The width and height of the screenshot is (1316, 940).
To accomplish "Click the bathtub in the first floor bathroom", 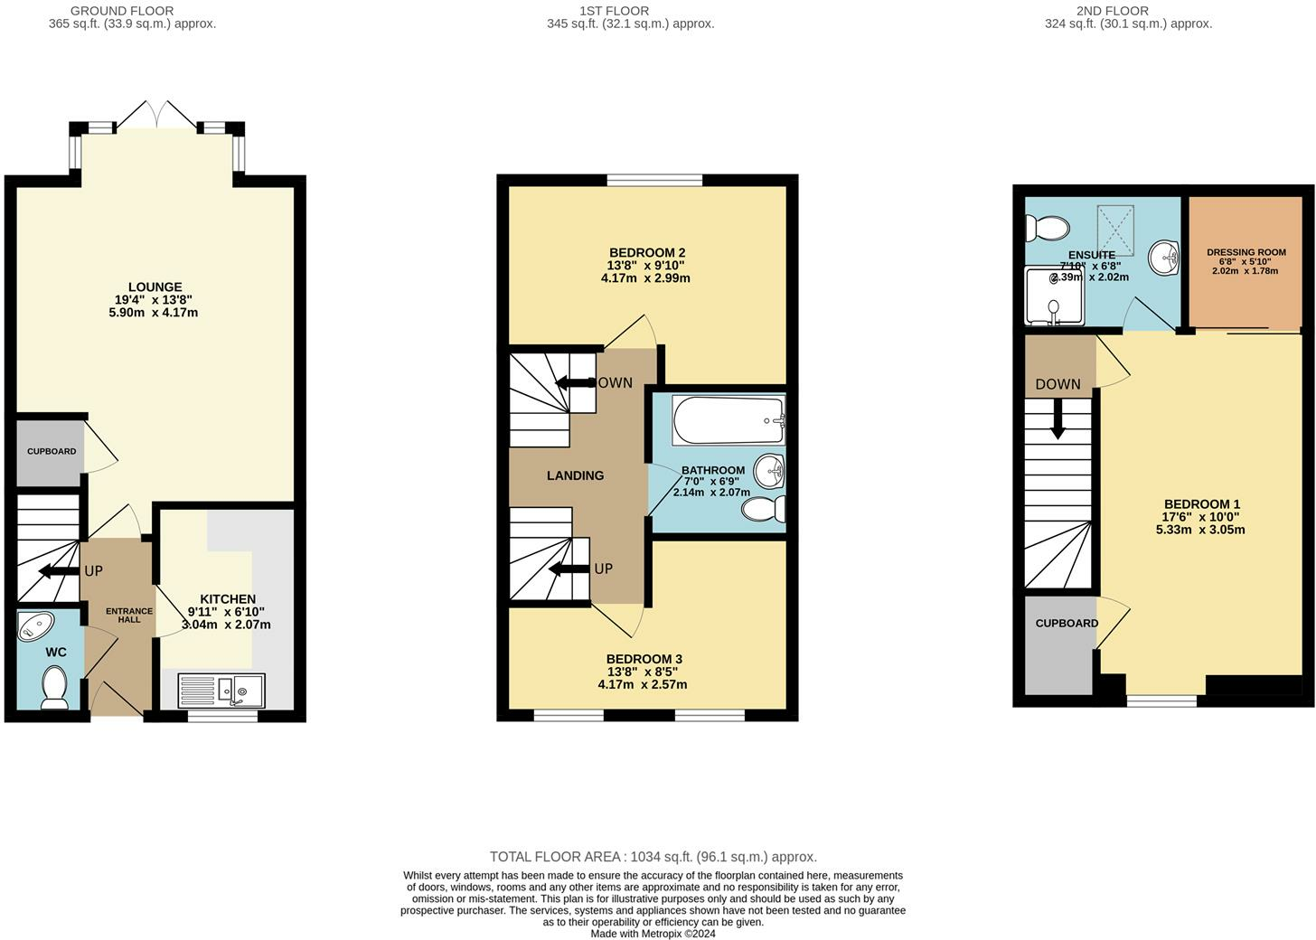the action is (729, 420).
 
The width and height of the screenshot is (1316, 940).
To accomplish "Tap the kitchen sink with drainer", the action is (221, 691).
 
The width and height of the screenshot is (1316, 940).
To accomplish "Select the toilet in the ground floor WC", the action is (54, 687).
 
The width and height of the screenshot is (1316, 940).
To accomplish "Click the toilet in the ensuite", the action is (1047, 228).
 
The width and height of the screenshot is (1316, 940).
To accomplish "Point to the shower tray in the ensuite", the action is (1055, 296).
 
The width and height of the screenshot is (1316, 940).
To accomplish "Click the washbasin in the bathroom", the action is (770, 471).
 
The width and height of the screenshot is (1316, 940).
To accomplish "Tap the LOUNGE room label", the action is (155, 287).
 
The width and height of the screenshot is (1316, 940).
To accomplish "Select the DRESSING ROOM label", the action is (1246, 252).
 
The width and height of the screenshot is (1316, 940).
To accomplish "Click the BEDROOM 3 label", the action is (644, 659).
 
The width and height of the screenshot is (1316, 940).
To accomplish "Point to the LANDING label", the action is (575, 475).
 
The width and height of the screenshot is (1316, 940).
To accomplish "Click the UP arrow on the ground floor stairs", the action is (60, 571).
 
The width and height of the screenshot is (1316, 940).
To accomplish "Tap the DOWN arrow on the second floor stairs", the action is (1057, 418).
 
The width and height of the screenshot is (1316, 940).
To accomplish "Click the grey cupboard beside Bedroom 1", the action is (1060, 645).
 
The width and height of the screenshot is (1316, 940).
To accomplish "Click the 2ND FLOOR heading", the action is (1112, 11).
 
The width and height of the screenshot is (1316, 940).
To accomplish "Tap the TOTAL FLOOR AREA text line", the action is (653, 857).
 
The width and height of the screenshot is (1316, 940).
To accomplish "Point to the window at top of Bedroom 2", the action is (654, 180).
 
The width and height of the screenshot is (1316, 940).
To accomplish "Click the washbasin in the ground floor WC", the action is (36, 626).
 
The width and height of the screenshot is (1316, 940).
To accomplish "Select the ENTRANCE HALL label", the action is (129, 616).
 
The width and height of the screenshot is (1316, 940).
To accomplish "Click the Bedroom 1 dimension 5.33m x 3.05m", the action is (1200, 530).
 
